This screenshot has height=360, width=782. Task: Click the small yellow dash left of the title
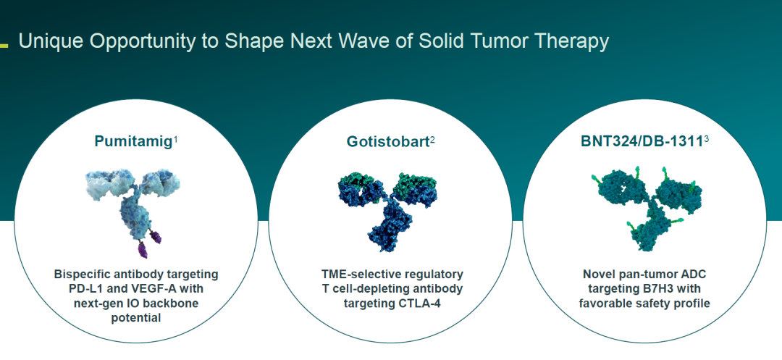[x=4, y=46]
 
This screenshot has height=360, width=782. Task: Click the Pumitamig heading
[x=133, y=141]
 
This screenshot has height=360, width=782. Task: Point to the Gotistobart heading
[x=388, y=142]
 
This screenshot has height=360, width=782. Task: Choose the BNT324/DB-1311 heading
[x=642, y=141]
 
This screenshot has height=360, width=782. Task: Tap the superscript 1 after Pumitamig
[x=175, y=140]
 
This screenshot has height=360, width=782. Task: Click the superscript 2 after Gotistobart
[x=432, y=140]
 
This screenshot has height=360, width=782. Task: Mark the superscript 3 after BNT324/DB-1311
[x=706, y=140]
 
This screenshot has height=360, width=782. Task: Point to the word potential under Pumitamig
[x=136, y=317]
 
